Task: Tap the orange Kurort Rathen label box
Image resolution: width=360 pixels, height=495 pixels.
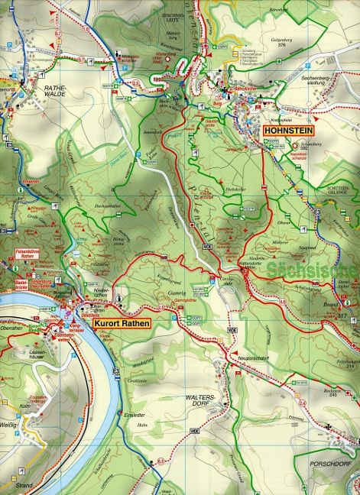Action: [x=122, y=323]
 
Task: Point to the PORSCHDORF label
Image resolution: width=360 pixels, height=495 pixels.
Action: [x=335, y=464]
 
